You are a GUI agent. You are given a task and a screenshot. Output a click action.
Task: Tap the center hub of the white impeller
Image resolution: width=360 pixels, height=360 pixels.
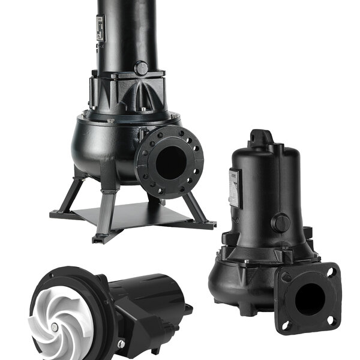coord(55,328)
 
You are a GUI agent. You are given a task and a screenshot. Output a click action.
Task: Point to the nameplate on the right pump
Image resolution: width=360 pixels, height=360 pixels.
coord(235,188)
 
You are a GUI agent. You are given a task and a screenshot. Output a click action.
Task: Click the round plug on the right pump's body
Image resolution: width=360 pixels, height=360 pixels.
coord(280,223)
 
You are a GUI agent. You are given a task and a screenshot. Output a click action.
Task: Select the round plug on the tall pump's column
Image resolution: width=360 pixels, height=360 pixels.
coord(141,68)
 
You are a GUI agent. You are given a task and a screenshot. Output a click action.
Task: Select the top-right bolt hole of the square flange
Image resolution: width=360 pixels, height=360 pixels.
coord(329,271)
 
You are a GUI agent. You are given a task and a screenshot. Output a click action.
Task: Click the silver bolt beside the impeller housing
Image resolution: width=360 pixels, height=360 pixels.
coord(121,344)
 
